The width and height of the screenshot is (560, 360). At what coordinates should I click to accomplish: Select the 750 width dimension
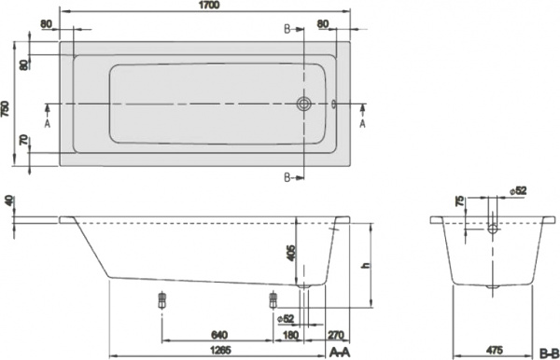7,109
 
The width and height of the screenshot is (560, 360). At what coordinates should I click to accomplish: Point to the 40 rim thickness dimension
9,201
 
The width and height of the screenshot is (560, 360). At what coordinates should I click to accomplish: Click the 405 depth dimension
291,252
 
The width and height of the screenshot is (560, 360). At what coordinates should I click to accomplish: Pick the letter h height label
368,266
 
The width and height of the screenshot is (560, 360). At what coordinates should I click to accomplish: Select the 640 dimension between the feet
218,335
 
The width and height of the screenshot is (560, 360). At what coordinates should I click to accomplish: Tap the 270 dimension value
336,335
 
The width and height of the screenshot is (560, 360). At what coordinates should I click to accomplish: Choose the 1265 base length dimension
218,351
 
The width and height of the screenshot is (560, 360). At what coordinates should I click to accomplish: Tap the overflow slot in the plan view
330,104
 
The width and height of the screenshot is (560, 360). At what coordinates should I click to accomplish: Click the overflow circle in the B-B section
492,228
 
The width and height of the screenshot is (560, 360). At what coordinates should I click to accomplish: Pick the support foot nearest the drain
273,299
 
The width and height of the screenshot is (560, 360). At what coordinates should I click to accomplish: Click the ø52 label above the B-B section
520,191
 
